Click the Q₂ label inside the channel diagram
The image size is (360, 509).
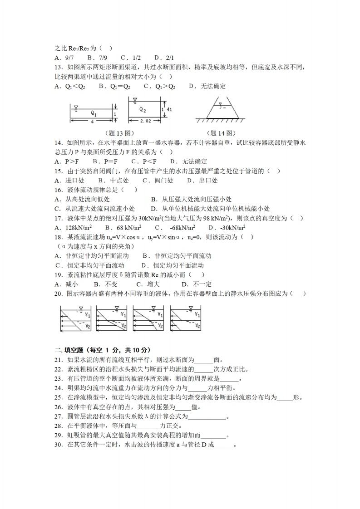[x=142, y=109]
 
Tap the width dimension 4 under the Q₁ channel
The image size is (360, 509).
[x=92, y=122]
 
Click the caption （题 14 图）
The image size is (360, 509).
[x=221, y=133]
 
